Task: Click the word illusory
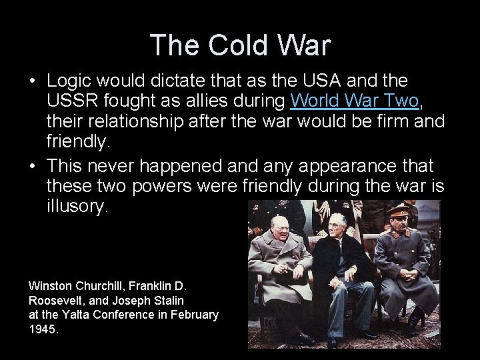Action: [76, 207]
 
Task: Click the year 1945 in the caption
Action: [43, 329]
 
